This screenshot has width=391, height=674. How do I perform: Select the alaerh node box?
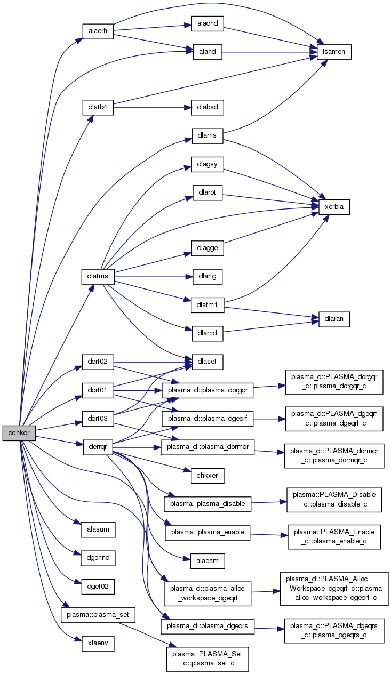pos(98,31)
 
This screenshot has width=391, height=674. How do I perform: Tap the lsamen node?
pos(334,52)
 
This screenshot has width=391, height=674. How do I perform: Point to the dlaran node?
pos(334,318)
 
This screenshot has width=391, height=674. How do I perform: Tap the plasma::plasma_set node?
pos(98,615)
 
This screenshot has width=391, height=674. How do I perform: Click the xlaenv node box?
pos(98,643)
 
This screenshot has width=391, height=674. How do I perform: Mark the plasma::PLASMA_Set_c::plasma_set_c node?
pos(208,659)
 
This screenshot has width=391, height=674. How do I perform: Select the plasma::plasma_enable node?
pos(208,532)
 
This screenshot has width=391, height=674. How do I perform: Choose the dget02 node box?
pos(98,587)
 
